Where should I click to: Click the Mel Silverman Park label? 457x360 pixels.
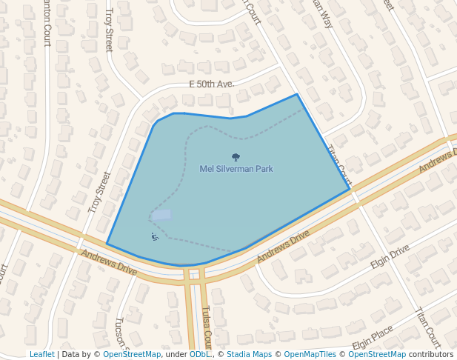(x=236, y=169)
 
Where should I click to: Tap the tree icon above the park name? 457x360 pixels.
(x=236, y=157)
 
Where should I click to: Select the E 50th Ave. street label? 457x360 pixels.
(x=211, y=84)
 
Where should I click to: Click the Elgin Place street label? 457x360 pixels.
(x=373, y=340)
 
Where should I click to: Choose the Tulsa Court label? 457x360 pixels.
(x=207, y=327)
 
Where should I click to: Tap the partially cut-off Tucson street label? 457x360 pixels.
(x=121, y=333)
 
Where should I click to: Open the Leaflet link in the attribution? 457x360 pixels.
(x=41, y=355)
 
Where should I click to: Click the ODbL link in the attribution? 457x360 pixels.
(x=199, y=355)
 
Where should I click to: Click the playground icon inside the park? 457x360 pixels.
(x=155, y=237)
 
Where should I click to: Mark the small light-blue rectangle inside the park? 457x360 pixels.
(x=161, y=215)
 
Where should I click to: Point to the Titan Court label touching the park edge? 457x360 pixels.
(x=339, y=164)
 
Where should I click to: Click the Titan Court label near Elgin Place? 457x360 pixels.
(x=428, y=327)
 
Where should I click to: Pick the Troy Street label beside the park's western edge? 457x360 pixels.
(x=99, y=193)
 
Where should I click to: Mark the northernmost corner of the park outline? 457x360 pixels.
(x=297, y=94)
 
